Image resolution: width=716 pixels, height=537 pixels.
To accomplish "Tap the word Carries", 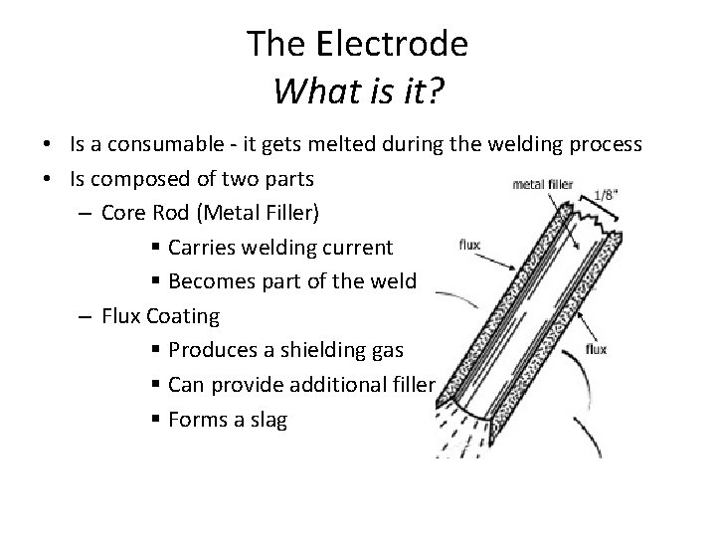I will click(203, 247).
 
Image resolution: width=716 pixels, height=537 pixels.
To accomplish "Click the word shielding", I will click(317, 349).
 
